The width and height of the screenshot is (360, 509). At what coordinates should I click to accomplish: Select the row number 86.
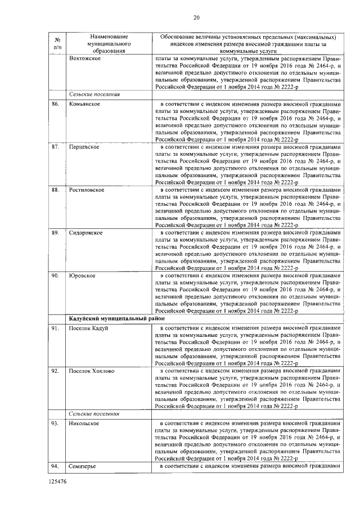click(55, 105)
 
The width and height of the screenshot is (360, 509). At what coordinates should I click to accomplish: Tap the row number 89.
click(55, 232)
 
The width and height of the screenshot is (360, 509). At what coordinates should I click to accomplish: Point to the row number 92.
click(55, 371)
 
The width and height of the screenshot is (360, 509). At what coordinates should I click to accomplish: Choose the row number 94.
click(55, 466)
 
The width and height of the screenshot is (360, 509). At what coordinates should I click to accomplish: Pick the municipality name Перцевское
click(84, 147)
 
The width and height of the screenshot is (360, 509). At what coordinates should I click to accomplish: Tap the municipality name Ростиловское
click(87, 190)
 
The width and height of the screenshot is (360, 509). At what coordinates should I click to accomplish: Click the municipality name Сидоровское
click(86, 232)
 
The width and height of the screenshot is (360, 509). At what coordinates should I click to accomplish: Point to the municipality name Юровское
click(82, 275)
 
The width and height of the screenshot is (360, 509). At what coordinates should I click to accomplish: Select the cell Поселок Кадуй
click(88, 328)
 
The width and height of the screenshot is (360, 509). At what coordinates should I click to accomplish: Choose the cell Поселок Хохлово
click(91, 371)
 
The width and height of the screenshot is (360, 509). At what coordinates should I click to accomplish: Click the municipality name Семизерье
click(84, 466)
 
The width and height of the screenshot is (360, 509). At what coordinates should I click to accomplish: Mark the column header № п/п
click(57, 43)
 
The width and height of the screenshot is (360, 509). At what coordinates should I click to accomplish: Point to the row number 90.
click(55, 275)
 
